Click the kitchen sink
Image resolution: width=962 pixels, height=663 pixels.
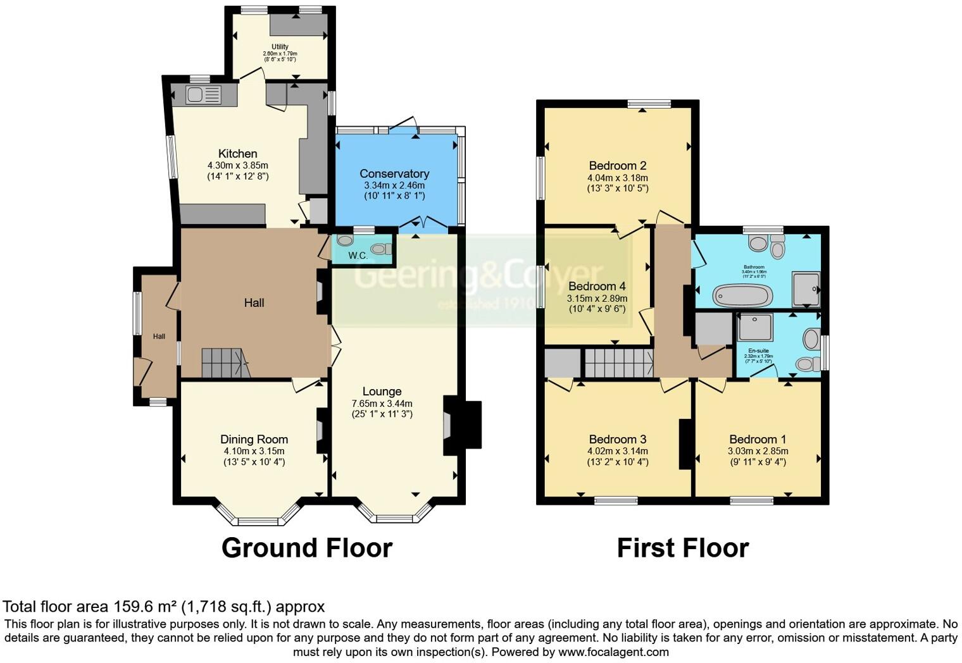[203, 95]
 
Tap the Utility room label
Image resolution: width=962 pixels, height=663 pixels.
[280, 47]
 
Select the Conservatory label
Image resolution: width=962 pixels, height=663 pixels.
[394, 173]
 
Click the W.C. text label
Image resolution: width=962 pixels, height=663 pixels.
[358, 256]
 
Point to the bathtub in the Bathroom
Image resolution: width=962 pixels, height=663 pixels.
[742, 295]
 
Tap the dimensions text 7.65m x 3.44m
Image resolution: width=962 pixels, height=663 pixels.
[382, 403]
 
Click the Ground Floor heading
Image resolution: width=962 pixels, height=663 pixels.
[307, 547]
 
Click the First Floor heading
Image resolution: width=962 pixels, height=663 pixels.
[682, 547]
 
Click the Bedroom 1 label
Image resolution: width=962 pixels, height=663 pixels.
[758, 439]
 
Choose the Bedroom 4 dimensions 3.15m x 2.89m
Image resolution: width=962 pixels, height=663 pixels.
[597, 299]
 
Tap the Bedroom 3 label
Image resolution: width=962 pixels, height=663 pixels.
[617, 439]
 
